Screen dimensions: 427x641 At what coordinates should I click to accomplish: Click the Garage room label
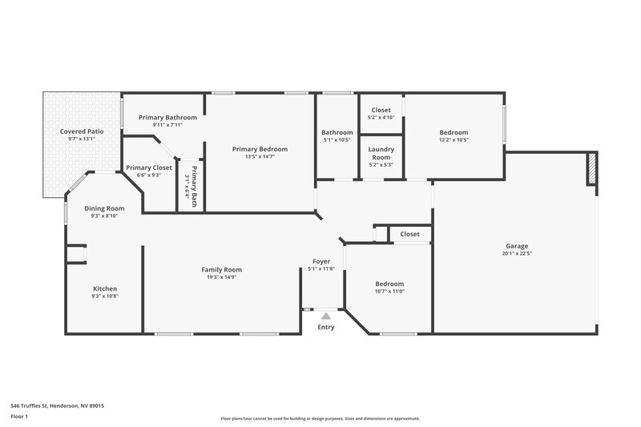tap(516, 246)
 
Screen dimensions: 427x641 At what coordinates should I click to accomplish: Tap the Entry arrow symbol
tap(325, 316)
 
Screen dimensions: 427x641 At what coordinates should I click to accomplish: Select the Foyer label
tap(321, 261)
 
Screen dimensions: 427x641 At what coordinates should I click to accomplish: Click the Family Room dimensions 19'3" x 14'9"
tap(221, 277)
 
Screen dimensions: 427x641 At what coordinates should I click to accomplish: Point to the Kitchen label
tap(105, 288)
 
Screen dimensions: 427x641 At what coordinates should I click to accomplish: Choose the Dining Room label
tap(105, 208)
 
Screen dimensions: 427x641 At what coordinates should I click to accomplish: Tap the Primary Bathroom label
tap(162, 117)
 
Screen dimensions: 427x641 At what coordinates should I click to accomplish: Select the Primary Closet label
tap(149, 167)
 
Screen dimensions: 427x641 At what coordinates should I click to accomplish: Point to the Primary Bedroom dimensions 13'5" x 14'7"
tap(260, 156)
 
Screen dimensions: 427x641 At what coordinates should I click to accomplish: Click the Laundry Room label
tap(381, 153)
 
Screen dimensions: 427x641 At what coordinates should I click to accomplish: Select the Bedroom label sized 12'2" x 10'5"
tap(454, 132)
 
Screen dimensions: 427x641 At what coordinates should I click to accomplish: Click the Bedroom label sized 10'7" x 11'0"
tap(389, 284)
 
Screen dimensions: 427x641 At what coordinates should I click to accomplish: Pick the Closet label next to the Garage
tap(409, 234)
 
